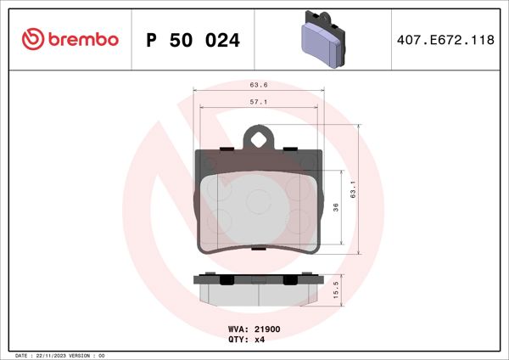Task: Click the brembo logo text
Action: (83, 39)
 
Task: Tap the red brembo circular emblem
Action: (32, 39)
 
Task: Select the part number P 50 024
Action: (193, 40)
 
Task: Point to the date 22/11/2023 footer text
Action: (53, 355)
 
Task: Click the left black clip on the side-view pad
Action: (225, 281)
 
